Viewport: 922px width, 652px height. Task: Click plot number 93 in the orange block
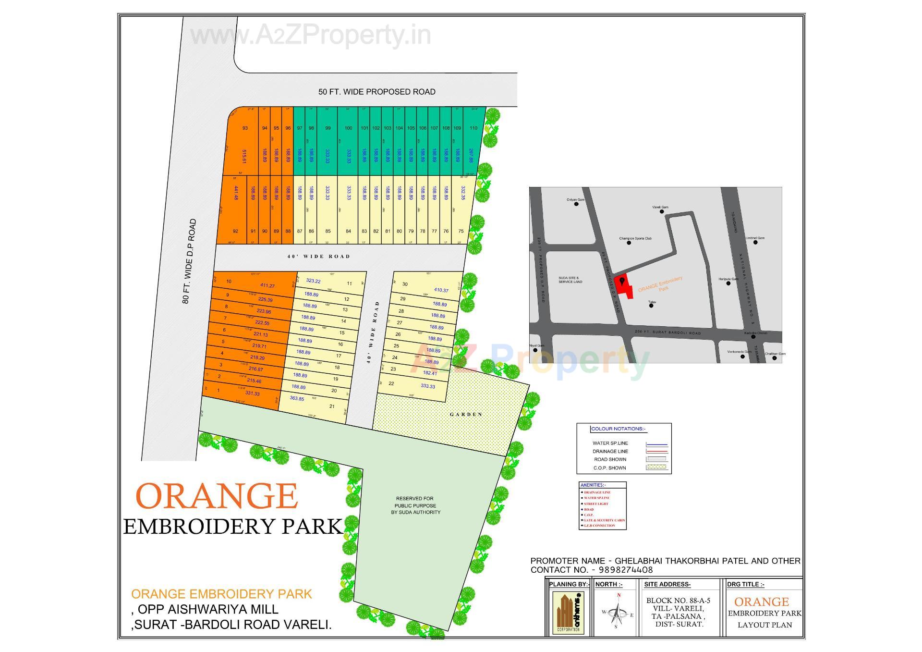tap(245, 128)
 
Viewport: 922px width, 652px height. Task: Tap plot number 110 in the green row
tap(473, 128)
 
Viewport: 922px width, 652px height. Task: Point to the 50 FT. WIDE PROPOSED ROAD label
tap(376, 92)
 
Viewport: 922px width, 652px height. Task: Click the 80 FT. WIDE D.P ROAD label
tap(189, 261)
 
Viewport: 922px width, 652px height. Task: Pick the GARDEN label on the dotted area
tap(466, 414)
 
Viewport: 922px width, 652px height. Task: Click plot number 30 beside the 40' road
tap(405, 284)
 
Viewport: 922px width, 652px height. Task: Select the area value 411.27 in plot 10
tap(267, 286)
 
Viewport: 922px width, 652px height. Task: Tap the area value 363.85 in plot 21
tap(297, 398)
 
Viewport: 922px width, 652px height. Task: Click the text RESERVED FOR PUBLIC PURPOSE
tap(415, 505)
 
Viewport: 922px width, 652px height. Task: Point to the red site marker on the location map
tap(623, 287)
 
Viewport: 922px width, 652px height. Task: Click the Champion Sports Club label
tap(635, 238)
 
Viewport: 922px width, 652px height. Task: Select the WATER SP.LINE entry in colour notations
tap(610, 443)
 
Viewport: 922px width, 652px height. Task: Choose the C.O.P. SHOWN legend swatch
tap(656, 467)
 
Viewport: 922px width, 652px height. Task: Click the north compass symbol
tap(618, 613)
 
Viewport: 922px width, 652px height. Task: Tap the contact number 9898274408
tap(625, 570)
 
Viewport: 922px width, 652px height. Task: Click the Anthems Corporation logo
tap(568, 613)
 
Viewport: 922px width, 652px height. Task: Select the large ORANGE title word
tap(217, 497)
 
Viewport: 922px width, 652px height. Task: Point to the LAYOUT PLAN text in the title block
tap(764, 625)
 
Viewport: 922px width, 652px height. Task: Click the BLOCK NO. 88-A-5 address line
tap(678, 601)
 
